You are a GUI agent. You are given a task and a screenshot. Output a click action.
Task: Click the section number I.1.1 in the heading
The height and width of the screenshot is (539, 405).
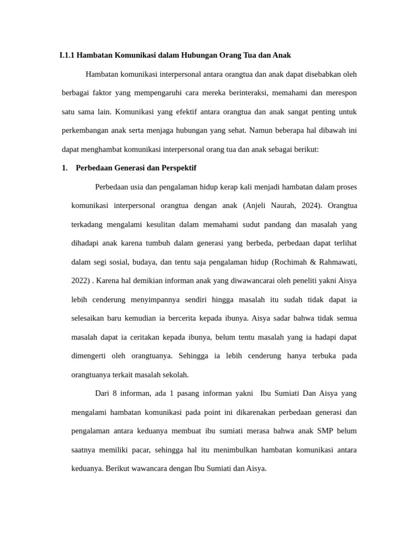pyautogui.click(x=69, y=55)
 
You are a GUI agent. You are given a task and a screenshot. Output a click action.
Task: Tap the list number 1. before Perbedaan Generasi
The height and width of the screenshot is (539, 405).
pyautogui.click(x=65, y=168)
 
